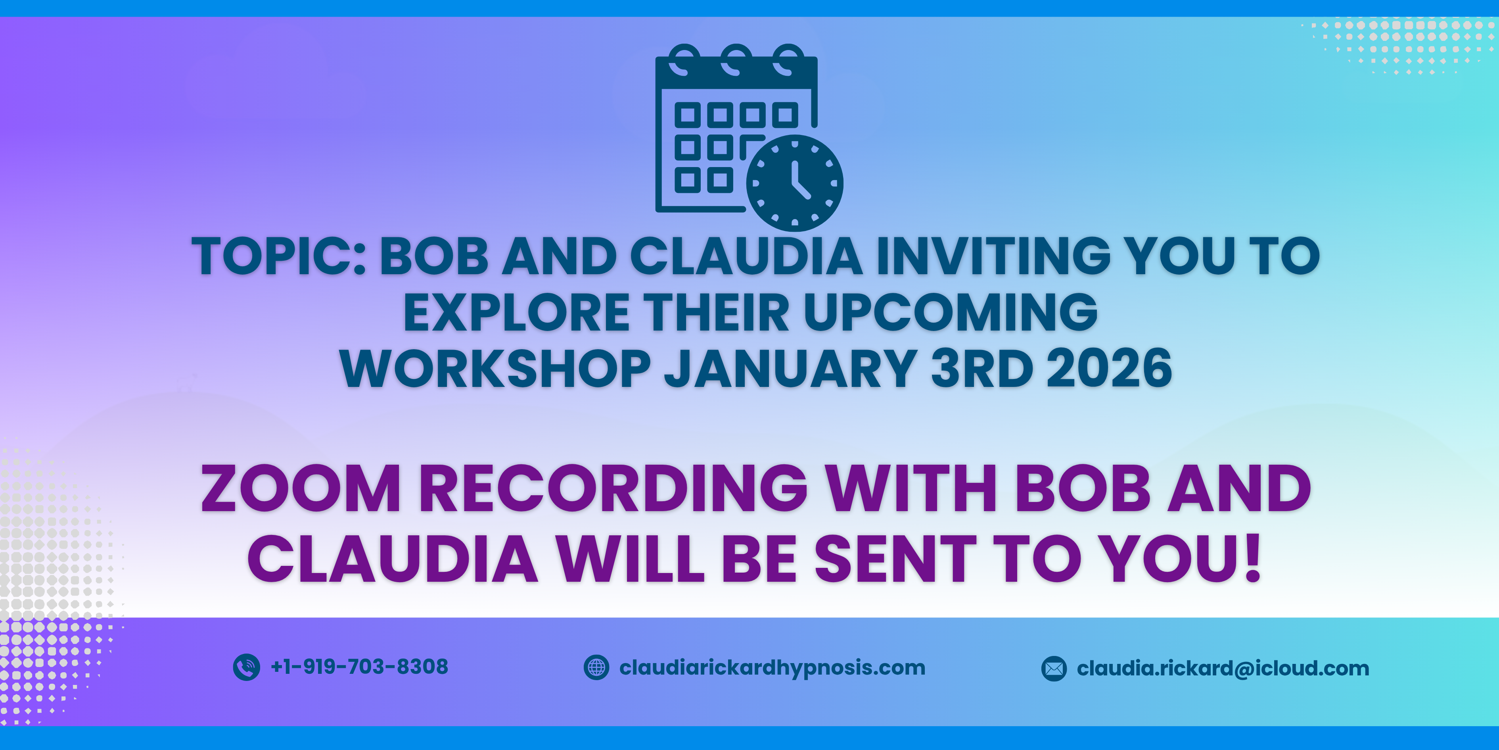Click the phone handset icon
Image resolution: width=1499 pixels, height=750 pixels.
246,667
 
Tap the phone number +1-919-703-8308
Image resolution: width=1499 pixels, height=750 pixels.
360,667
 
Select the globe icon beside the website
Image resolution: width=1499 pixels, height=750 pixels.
596,667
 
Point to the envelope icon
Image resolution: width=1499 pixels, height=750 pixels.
1054,669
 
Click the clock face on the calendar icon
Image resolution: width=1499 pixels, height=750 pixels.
794,183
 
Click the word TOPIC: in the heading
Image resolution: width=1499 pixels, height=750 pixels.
279,256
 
